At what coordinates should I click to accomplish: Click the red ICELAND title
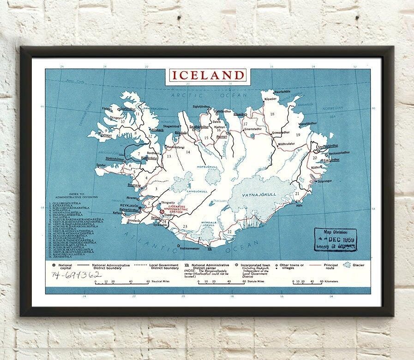(207, 75)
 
